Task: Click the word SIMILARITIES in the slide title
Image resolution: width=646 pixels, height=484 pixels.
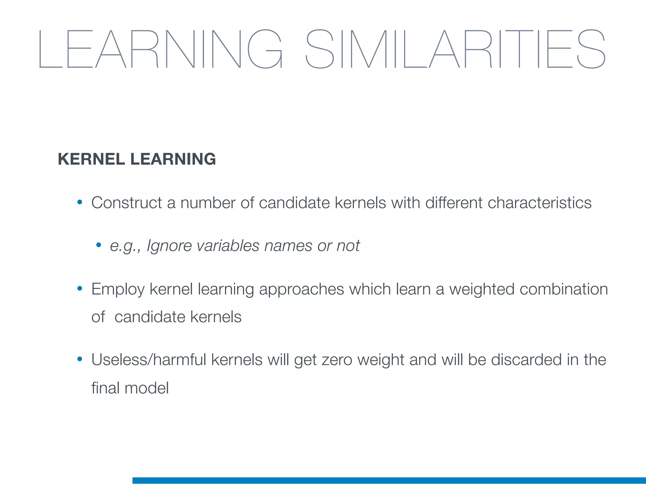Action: point(455,49)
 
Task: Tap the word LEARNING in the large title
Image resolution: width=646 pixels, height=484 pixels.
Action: point(160,49)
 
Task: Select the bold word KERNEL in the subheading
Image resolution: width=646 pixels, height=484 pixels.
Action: point(91,159)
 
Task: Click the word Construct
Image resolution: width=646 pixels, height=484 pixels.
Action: point(126,203)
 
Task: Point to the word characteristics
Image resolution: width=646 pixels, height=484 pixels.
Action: point(539,203)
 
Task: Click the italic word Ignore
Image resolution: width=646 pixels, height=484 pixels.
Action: point(169,246)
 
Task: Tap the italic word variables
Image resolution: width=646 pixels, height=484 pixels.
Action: point(228,246)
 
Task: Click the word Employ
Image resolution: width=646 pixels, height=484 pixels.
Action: point(118,290)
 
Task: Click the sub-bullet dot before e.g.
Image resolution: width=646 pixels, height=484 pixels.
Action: point(99,245)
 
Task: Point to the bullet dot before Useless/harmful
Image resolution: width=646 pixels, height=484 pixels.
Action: point(80,359)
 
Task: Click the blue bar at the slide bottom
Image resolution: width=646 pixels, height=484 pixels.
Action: point(389,480)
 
